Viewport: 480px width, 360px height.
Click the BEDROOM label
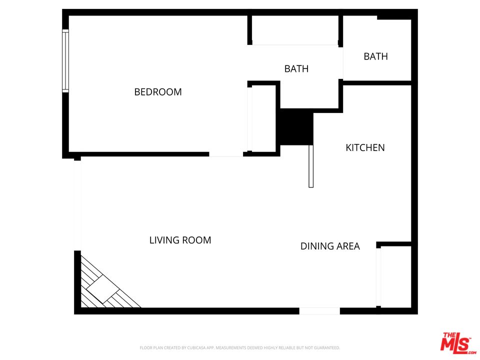pyautogui.click(x=158, y=92)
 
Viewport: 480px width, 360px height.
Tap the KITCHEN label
pyautogui.click(x=365, y=147)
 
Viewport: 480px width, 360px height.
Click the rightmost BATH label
pyautogui.click(x=375, y=56)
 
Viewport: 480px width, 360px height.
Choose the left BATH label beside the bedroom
pyautogui.click(x=296, y=69)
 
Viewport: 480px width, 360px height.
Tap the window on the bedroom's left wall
pyautogui.click(x=65, y=61)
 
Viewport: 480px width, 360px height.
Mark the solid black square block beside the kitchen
pyautogui.click(x=296, y=127)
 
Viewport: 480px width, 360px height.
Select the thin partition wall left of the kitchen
pyautogui.click(x=311, y=166)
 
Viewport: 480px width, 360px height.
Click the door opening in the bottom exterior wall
pyautogui.click(x=319, y=311)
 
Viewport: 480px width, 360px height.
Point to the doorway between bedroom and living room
pyautogui.click(x=226, y=154)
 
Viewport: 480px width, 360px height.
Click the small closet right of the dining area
pyautogui.click(x=395, y=276)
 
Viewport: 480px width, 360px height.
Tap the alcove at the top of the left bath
pyautogui.click(x=295, y=30)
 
